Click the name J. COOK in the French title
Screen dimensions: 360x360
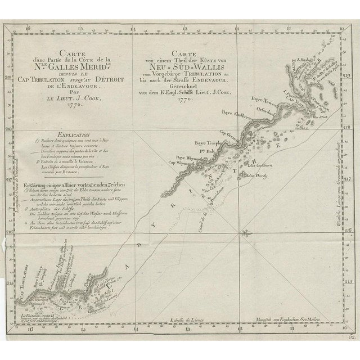coord(74,96)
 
